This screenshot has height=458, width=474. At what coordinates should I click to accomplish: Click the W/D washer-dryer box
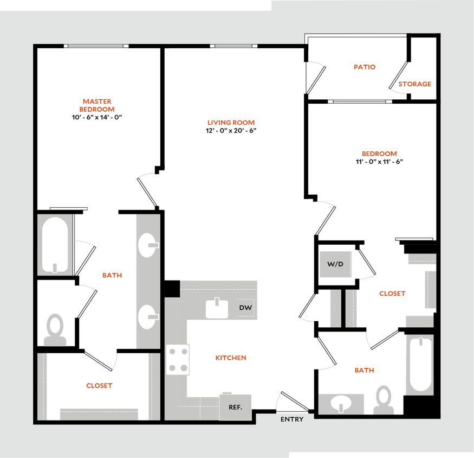(x=336, y=264)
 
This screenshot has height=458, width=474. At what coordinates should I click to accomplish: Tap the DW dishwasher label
(x=245, y=308)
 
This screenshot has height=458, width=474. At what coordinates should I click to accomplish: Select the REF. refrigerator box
(x=235, y=406)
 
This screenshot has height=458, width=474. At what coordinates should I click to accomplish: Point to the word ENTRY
(x=292, y=419)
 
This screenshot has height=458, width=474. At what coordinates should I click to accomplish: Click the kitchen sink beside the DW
(x=218, y=309)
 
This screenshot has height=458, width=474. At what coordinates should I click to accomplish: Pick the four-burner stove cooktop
(x=178, y=360)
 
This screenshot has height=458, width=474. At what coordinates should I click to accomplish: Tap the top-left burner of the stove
(x=172, y=352)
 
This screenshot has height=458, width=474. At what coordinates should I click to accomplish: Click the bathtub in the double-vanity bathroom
(x=55, y=245)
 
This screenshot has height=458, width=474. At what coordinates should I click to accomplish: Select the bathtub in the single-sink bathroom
(x=419, y=364)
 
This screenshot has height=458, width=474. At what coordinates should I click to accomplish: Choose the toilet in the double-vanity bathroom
(x=55, y=330)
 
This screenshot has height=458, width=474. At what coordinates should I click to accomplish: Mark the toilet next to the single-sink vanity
(x=385, y=399)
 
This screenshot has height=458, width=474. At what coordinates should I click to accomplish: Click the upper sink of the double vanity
(x=147, y=245)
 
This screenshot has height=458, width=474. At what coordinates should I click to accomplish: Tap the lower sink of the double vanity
(x=147, y=316)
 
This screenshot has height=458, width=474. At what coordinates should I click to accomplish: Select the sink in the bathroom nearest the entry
(x=341, y=404)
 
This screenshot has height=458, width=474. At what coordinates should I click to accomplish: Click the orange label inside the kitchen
(x=231, y=358)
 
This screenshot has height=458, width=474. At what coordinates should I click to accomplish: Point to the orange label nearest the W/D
(x=392, y=294)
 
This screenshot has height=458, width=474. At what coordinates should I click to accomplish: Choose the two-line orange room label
(x=97, y=105)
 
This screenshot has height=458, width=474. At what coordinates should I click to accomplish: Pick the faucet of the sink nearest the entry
(x=341, y=408)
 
